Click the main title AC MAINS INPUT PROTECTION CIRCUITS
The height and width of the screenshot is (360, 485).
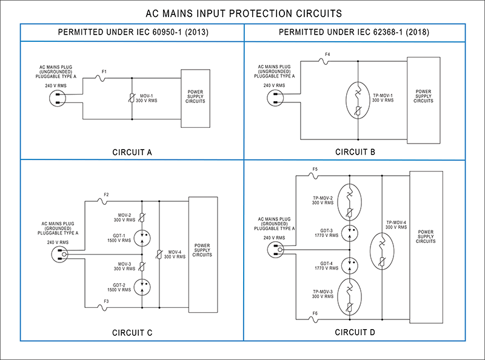[242, 13]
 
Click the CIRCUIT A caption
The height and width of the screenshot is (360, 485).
[132, 152]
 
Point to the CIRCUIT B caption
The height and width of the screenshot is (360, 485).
[355, 152]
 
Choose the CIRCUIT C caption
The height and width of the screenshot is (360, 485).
[132, 332]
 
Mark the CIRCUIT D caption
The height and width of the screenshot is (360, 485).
[355, 332]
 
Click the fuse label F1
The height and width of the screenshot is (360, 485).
[104, 72]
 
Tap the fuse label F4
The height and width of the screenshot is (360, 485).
[327, 55]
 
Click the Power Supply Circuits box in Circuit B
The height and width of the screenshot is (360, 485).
[423, 98]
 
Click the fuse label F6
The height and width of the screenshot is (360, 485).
[315, 313]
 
